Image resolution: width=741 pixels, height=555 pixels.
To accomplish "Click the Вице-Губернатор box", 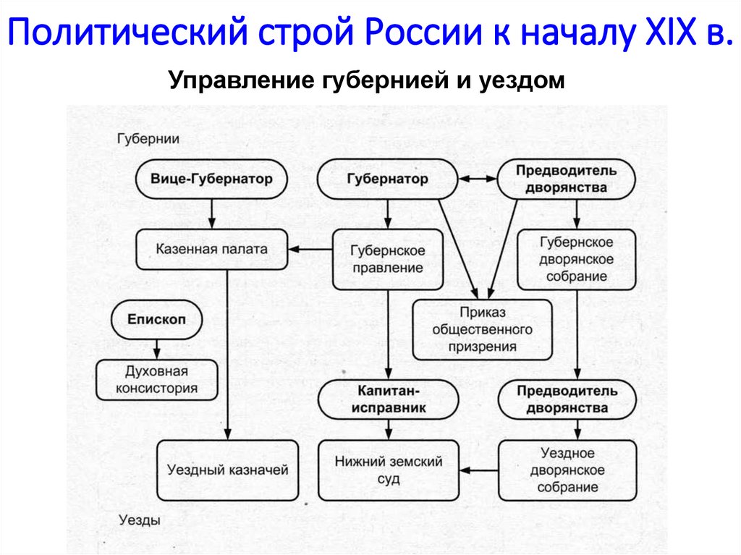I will click(x=211, y=179).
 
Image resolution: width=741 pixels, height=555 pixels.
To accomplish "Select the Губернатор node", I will click(x=387, y=179).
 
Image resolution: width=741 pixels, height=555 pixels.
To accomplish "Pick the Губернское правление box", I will click(x=387, y=259).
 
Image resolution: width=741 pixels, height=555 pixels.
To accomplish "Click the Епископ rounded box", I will click(x=157, y=319).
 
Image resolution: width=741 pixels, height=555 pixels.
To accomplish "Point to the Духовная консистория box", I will click(x=157, y=380).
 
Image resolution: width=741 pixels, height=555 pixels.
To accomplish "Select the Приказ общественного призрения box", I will click(x=482, y=329).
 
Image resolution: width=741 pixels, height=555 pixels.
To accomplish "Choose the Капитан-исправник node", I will click(x=389, y=399).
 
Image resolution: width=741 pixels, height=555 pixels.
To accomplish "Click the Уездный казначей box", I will click(x=228, y=470).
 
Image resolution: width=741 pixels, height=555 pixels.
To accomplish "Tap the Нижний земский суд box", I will click(x=389, y=470).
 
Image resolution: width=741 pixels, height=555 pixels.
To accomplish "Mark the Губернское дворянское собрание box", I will click(x=577, y=259).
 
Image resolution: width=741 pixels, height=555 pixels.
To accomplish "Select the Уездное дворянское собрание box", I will click(x=577, y=470).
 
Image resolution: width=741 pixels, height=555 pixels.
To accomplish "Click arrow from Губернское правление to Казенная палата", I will click(x=309, y=250).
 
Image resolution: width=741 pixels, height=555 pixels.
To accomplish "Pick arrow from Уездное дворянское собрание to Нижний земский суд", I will click(x=478, y=471).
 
